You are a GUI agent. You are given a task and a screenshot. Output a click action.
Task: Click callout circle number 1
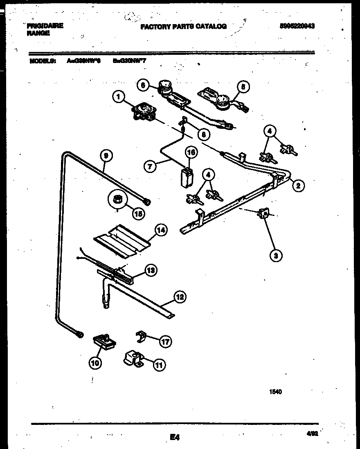point(118,97)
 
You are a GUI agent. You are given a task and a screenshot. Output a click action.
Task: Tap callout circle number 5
point(244,87)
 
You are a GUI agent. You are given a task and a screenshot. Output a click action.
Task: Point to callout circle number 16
point(191,153)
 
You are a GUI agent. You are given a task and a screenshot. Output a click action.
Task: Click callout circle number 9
point(106,155)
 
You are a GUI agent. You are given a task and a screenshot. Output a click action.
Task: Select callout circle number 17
point(165,342)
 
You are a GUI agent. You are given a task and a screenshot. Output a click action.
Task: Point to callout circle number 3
point(276,256)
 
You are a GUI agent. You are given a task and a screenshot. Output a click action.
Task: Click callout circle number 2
point(298,185)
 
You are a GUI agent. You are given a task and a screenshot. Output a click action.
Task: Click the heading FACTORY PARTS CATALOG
point(183,27)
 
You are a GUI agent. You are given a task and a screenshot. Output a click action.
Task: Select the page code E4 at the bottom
point(175,438)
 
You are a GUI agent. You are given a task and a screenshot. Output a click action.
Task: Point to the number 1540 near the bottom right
point(275,391)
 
